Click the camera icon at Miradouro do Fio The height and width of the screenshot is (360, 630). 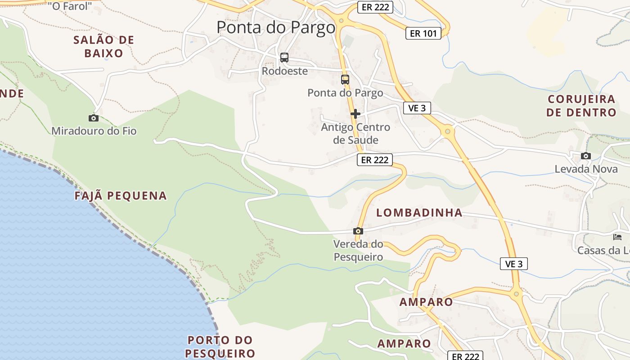pos(94,118)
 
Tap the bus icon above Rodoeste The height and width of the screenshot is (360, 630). pos(284,58)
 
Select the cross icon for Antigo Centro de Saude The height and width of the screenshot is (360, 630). pos(355,114)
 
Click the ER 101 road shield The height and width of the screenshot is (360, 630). pos(423,33)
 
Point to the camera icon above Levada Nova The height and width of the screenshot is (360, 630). pos(585,156)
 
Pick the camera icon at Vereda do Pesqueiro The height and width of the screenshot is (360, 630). pos(358,231)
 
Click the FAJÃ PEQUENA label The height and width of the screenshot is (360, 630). pos(121,196)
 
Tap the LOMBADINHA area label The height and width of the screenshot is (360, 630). pos(419,213)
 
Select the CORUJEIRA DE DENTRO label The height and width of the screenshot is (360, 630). pos(581,106)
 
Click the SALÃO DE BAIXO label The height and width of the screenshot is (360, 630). pos(104,46)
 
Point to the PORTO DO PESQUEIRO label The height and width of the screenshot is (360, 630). pos(220,346)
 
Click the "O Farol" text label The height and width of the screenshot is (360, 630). pos(70,6)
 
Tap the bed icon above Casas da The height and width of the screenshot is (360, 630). pos(617,237)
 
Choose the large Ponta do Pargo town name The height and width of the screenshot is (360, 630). pos(276,27)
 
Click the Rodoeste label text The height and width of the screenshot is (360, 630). pos(285,71)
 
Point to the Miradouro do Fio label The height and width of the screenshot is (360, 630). pos(94,131)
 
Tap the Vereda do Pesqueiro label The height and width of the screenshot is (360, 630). pos(358,251)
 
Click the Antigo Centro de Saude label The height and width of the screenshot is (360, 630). pos(355,134)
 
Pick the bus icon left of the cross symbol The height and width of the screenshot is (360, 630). pos(345,80)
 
